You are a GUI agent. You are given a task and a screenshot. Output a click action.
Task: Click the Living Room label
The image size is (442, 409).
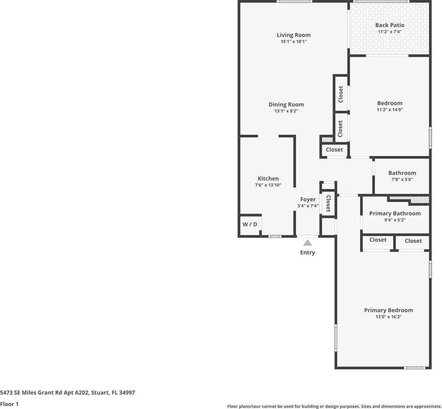[293, 35]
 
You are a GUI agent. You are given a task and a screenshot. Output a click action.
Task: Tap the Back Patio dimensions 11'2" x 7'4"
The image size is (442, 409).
[389, 32]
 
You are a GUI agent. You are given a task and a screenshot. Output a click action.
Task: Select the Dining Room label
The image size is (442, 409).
[286, 105]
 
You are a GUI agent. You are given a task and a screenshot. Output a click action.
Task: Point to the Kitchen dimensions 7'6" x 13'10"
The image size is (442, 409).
[268, 185]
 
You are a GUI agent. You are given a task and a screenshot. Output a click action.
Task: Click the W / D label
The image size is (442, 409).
[250, 224]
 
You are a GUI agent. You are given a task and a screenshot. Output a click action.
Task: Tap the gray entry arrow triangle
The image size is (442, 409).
[308, 243]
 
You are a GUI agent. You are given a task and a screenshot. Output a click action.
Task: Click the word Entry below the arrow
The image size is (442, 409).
[307, 253]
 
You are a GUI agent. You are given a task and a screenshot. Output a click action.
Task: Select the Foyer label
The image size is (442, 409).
[308, 199]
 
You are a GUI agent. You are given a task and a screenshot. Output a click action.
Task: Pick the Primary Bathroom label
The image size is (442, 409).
[395, 213]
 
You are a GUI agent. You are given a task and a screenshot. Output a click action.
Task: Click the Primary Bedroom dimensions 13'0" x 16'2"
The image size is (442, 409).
[388, 317]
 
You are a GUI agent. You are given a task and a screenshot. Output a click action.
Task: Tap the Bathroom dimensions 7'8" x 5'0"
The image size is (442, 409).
[402, 179]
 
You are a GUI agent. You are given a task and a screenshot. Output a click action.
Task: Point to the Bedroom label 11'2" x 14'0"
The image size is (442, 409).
[389, 103]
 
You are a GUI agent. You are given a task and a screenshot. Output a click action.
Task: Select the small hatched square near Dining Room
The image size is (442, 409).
[327, 139]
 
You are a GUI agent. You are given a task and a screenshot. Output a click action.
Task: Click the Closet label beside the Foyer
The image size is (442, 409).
[328, 203]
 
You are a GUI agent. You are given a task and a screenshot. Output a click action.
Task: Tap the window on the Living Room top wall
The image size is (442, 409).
[294, 2]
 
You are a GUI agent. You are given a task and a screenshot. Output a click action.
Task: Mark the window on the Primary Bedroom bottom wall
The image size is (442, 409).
[415, 368]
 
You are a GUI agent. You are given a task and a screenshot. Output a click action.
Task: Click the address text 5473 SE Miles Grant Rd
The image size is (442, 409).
[68, 392]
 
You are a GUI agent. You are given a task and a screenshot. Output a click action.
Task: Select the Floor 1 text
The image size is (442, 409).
[9, 404]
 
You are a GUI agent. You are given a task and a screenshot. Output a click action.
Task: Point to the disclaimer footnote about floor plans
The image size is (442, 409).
[334, 406]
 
